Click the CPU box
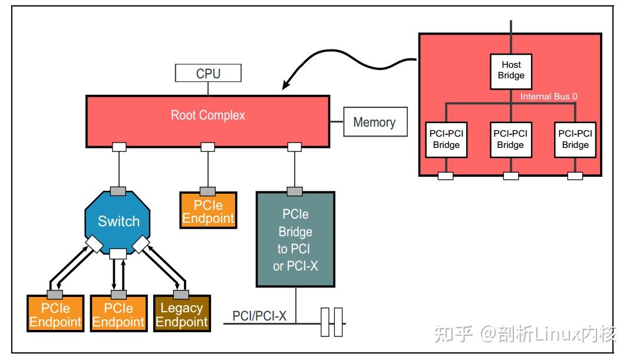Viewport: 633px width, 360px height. pyautogui.click(x=208, y=74)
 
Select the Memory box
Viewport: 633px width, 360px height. pyautogui.click(x=374, y=122)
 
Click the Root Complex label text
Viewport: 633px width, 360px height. pyautogui.click(x=207, y=115)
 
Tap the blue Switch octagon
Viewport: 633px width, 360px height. pyautogui.click(x=118, y=221)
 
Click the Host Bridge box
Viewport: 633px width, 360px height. pyautogui.click(x=511, y=71)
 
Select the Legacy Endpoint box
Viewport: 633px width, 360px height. pyautogui.click(x=182, y=315)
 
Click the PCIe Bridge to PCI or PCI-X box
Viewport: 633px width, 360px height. pyautogui.click(x=295, y=239)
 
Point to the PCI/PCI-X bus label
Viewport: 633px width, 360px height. pyautogui.click(x=259, y=316)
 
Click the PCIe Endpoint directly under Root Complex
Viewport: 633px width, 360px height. pyautogui.click(x=208, y=211)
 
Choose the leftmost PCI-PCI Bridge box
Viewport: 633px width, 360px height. pyautogui.click(x=446, y=139)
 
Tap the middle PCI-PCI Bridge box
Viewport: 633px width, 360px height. pyautogui.click(x=510, y=139)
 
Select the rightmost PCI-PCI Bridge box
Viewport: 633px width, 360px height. pyautogui.click(x=575, y=139)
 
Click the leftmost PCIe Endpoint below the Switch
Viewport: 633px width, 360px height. pyautogui.click(x=56, y=315)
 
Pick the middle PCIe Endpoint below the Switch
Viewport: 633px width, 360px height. pyautogui.click(x=118, y=315)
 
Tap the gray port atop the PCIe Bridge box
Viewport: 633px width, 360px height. pyautogui.click(x=295, y=191)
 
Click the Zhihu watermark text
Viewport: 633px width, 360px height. pyautogui.click(x=525, y=334)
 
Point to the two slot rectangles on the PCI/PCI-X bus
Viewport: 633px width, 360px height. pyautogui.click(x=331, y=322)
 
